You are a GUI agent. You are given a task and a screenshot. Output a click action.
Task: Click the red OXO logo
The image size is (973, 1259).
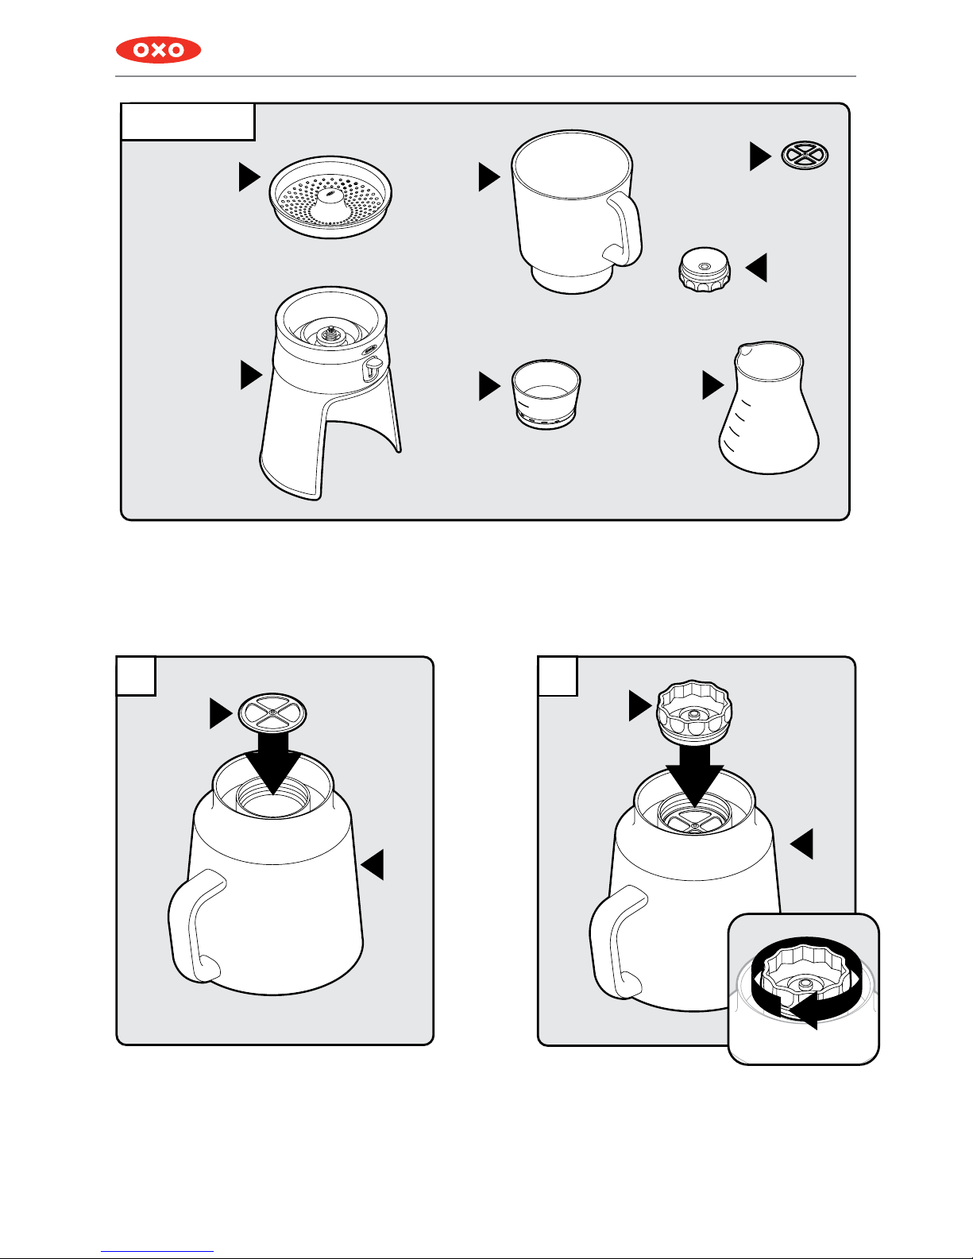tap(158, 50)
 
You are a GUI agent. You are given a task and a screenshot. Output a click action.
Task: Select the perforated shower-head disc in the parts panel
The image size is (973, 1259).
tap(330, 196)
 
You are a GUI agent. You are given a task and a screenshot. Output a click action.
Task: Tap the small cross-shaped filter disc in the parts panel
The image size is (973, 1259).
tap(805, 155)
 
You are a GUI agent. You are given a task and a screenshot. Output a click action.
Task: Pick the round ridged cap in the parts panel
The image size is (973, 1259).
tap(704, 269)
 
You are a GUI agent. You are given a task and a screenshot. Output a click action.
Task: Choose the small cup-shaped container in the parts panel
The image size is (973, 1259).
tap(546, 394)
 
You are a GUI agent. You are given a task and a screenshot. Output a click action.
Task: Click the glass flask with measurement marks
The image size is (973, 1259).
tap(769, 407)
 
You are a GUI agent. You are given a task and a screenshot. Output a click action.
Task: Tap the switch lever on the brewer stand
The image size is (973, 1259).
tap(373, 369)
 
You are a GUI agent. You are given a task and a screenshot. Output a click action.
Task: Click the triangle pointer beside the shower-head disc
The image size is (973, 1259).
tap(249, 176)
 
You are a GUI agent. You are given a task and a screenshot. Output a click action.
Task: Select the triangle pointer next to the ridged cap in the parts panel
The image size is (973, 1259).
tap(756, 268)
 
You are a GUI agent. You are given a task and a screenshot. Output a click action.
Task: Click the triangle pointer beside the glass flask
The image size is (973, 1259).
tap(713, 385)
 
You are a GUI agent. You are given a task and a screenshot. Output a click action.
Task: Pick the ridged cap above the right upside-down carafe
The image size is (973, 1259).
tap(694, 712)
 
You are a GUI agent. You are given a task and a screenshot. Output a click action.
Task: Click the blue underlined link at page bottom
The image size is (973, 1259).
tap(157, 1252)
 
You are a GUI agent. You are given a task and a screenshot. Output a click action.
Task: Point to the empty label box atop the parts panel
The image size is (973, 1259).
tap(187, 122)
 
